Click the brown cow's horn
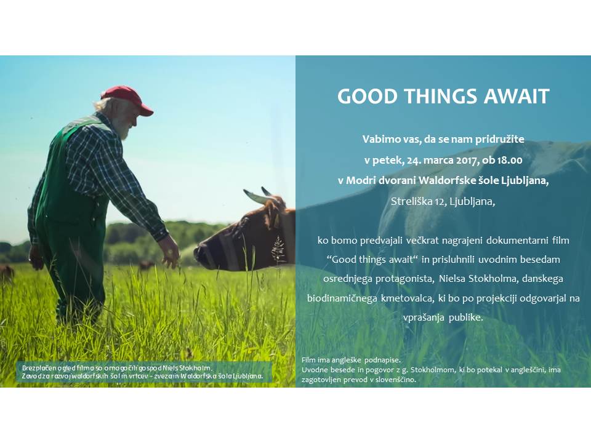click(257, 196)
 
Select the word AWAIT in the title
click(517, 96)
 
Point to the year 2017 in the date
click(467, 160)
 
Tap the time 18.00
click(510, 160)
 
